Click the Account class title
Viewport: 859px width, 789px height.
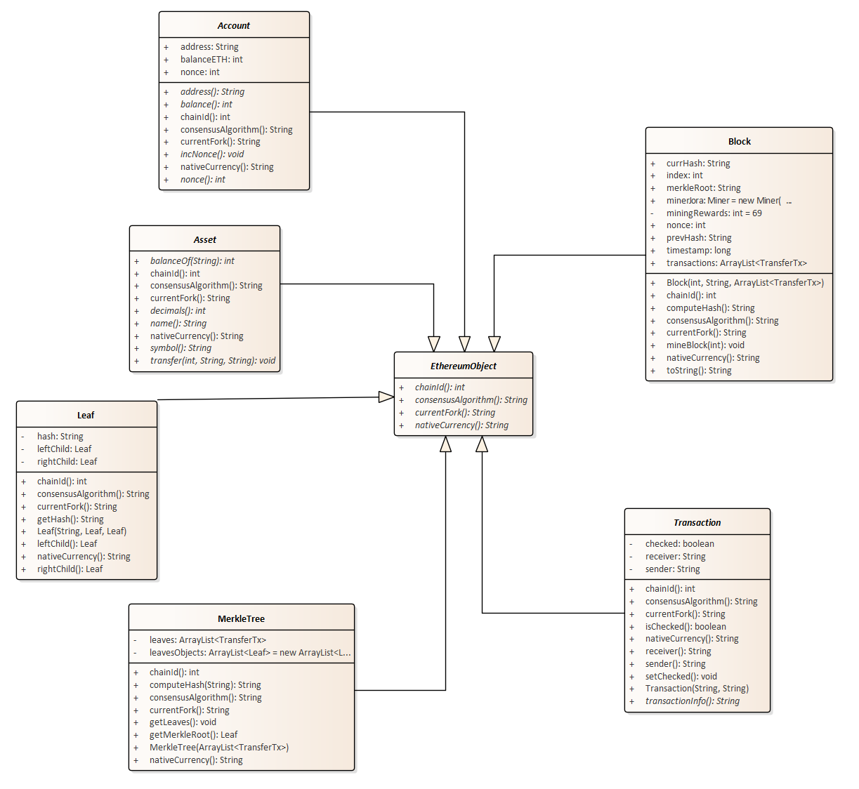tap(234, 26)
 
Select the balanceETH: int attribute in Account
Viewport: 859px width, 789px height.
tap(211, 60)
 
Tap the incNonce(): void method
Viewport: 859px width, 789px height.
tap(212, 154)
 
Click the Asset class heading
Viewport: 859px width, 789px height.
tap(205, 240)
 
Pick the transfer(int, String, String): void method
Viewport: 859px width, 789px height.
tap(213, 361)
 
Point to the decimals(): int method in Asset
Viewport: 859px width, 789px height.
tap(178, 311)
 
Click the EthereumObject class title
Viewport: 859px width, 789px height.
tap(464, 366)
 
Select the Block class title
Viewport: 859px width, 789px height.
tap(739, 142)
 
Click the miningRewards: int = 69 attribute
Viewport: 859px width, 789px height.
tap(714, 213)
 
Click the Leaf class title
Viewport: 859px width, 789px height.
tap(86, 416)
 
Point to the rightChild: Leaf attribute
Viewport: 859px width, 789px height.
tap(67, 462)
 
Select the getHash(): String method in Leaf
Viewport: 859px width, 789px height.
tap(70, 519)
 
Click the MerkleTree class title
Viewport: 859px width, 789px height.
tap(241, 619)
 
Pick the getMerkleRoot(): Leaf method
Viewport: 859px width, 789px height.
tap(193, 735)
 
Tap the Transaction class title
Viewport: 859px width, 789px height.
tap(697, 523)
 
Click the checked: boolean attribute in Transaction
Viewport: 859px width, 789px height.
tap(679, 544)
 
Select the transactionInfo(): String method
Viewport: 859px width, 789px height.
tap(692, 701)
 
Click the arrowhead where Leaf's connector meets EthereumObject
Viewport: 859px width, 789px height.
tap(386, 397)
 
